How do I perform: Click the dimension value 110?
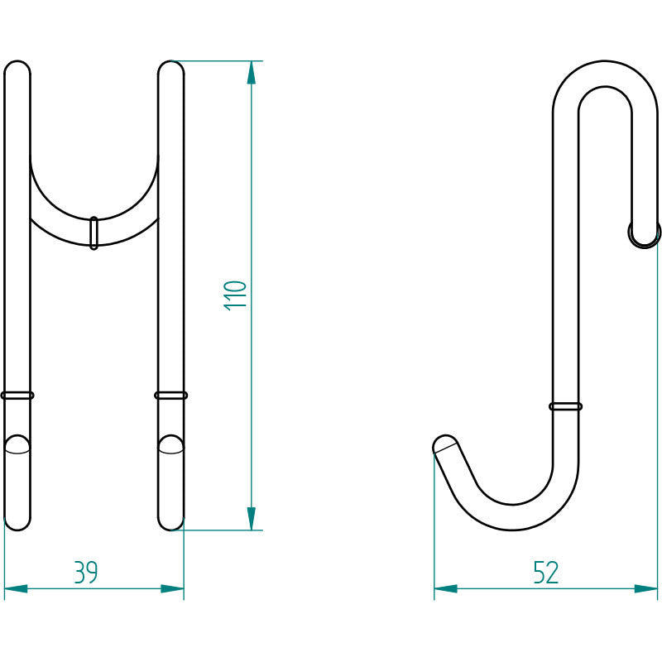(236, 295)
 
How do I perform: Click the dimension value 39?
(86, 573)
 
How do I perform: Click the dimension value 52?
(546, 573)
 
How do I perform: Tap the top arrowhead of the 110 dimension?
(252, 74)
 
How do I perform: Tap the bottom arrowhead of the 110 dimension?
(252, 518)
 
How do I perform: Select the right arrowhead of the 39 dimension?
(171, 589)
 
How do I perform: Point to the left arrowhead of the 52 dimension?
(446, 589)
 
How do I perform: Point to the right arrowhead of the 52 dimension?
(646, 589)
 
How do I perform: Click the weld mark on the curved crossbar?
(94, 233)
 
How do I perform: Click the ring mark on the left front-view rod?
(17, 396)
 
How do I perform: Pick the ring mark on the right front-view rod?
(170, 396)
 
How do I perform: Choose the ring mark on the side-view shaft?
(565, 405)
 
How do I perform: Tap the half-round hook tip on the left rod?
(17, 444)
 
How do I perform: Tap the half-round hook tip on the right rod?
(170, 444)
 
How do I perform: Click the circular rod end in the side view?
(644, 234)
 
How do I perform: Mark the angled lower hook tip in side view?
(444, 445)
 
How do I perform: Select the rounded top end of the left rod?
(17, 70)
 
